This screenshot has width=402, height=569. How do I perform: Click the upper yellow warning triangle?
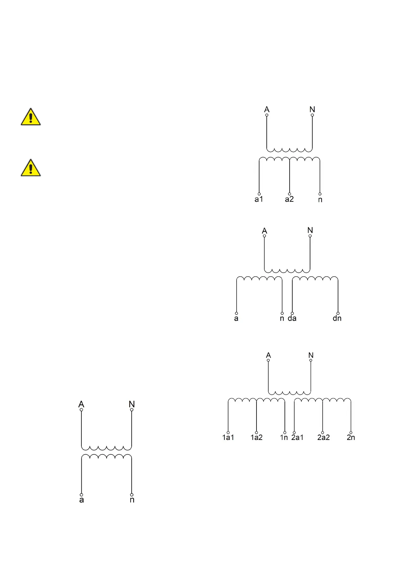(31, 118)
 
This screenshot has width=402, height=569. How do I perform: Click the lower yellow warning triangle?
(31, 169)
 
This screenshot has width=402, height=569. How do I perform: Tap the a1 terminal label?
(259, 199)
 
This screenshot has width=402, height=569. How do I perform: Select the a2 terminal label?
(289, 199)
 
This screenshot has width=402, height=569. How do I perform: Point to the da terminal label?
(292, 318)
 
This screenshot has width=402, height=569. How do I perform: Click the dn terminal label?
(337, 318)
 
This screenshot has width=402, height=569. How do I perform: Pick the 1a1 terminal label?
(228, 438)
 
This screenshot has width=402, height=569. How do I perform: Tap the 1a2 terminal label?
(256, 438)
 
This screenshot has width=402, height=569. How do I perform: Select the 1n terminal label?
(284, 438)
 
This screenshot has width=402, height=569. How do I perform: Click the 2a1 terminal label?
(297, 438)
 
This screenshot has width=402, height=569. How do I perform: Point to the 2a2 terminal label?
(323, 438)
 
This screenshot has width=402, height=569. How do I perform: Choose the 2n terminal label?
(351, 438)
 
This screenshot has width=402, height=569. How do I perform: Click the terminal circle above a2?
(290, 194)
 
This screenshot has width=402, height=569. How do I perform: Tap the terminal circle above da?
(292, 313)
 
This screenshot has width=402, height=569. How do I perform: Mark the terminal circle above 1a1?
(228, 432)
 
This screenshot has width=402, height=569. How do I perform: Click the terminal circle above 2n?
(351, 432)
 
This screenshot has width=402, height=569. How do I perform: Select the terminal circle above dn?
(338, 313)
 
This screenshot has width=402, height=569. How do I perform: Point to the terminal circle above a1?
(259, 194)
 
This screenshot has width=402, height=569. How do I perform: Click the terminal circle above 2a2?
(323, 432)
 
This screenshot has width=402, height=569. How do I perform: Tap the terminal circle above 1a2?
(257, 432)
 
